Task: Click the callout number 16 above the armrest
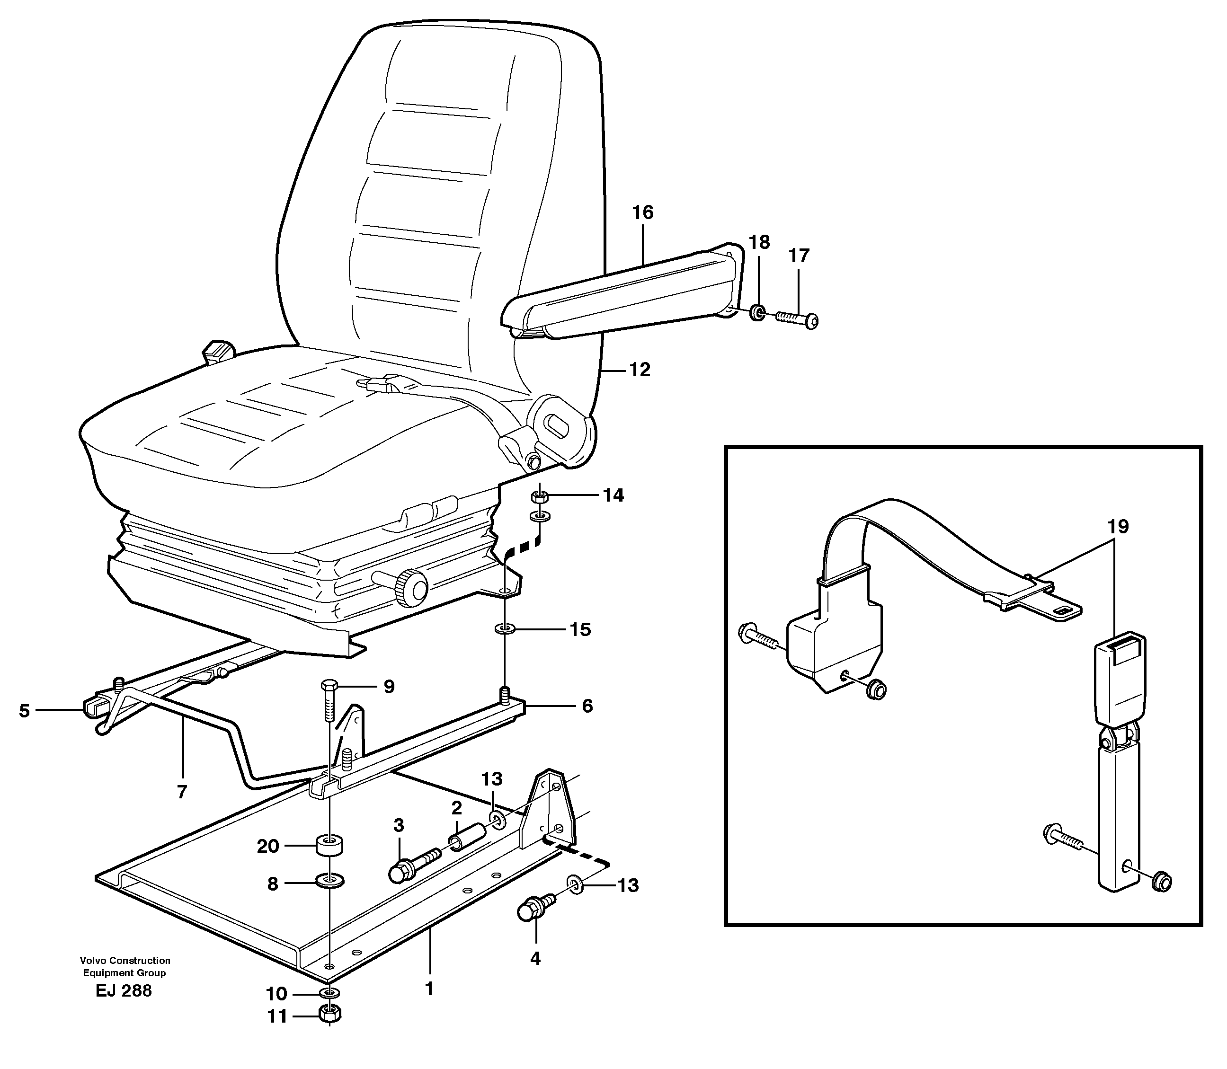643,212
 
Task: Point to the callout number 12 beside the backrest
640,370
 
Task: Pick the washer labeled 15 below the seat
506,629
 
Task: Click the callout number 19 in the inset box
1119,527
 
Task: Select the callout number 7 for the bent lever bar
182,792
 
